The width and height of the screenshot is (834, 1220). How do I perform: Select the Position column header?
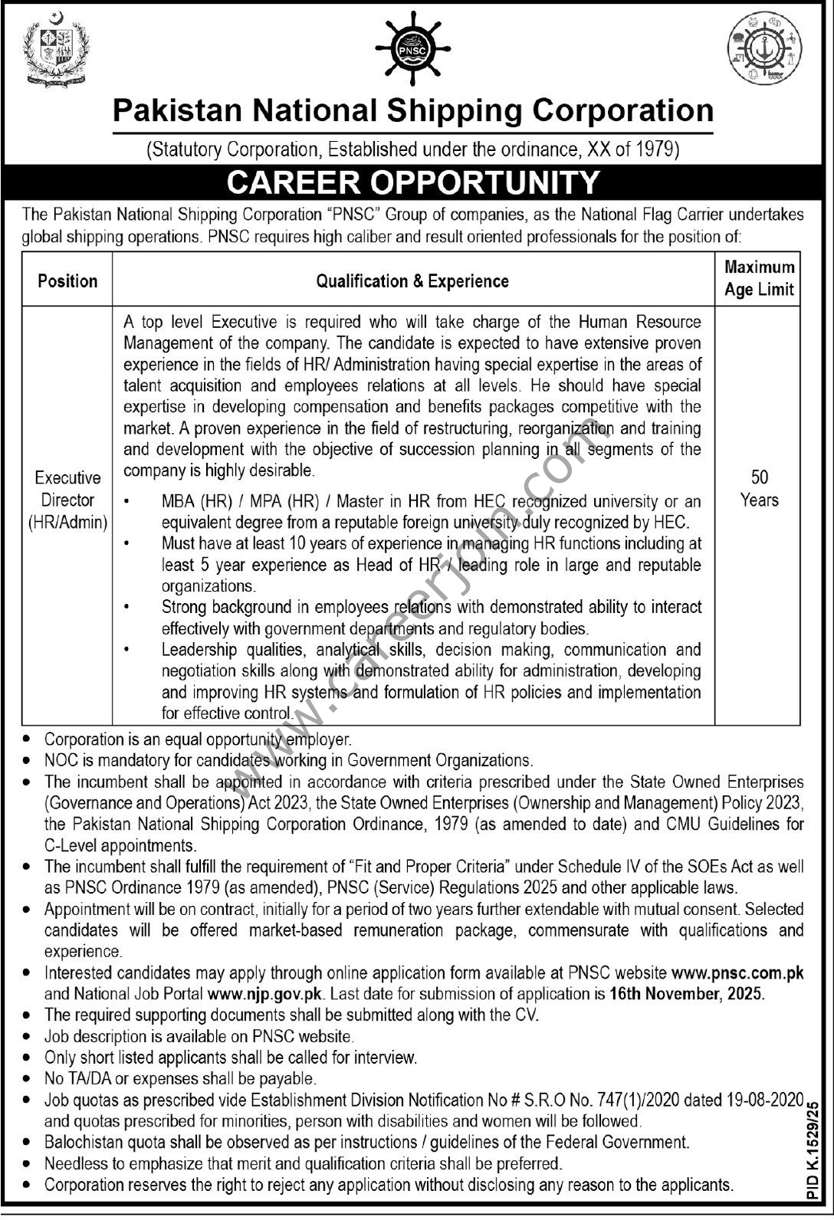click(67, 280)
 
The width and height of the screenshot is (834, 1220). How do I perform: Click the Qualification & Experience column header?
click(412, 281)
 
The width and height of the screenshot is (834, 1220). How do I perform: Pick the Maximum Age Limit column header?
click(759, 278)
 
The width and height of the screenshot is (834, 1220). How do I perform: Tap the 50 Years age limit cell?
click(759, 489)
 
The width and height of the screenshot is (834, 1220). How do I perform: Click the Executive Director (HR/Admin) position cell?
click(67, 500)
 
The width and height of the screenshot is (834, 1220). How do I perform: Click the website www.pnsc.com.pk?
click(737, 973)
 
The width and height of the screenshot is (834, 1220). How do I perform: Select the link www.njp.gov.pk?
click(265, 994)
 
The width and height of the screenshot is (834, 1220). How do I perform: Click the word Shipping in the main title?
click(452, 110)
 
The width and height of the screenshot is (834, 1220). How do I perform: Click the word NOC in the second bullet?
click(61, 760)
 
